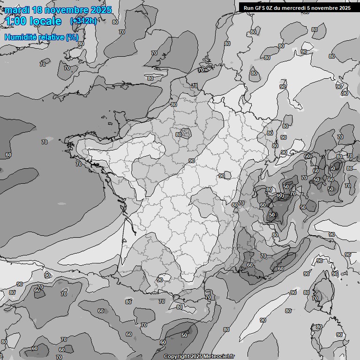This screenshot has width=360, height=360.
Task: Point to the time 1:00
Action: point(15,21)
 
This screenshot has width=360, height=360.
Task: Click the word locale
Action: point(45,21)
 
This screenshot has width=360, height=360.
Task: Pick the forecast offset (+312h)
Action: point(83,21)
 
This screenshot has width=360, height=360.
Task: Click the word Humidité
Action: point(20,37)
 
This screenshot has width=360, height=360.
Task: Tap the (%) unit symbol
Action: point(72,37)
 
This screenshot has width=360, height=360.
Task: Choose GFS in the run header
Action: point(261,7)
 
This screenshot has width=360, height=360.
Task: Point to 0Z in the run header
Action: point(271,7)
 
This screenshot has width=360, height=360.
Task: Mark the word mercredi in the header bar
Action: point(294,7)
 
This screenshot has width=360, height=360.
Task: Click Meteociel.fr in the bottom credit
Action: point(217,357)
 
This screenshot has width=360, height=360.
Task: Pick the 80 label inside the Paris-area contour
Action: point(179,135)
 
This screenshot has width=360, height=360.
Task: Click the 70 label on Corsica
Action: point(315,298)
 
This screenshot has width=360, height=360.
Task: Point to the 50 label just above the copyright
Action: point(184,335)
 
